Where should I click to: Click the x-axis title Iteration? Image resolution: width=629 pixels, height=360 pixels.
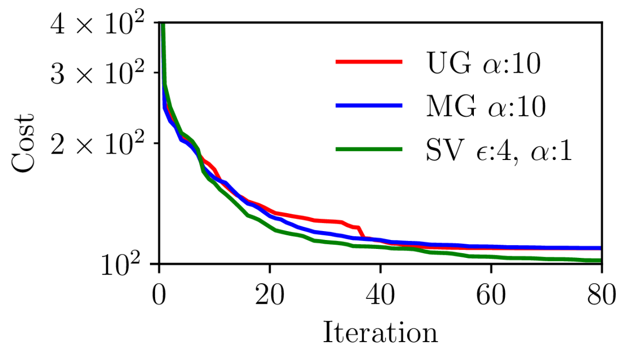click(x=380, y=333)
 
